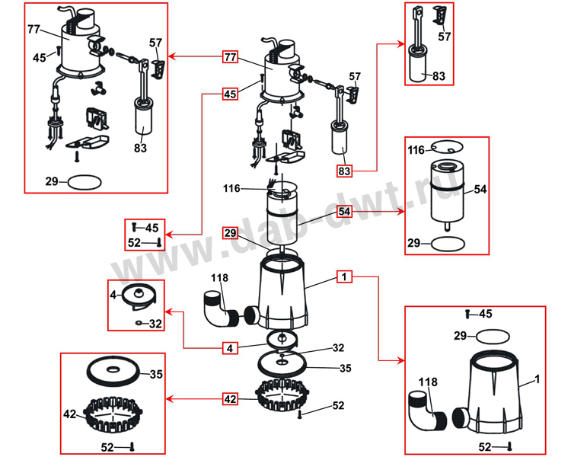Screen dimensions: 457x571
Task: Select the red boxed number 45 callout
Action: (x=230, y=94)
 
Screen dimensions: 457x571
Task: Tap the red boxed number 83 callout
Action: (x=345, y=171)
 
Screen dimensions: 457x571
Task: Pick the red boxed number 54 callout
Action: (x=345, y=211)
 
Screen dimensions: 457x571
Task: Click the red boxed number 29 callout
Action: (x=230, y=232)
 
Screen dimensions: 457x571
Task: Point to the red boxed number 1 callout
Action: (x=345, y=278)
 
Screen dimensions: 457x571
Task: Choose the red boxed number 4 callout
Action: (x=230, y=348)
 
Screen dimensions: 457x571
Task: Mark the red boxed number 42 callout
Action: (x=230, y=398)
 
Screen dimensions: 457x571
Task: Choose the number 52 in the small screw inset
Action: (x=135, y=244)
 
